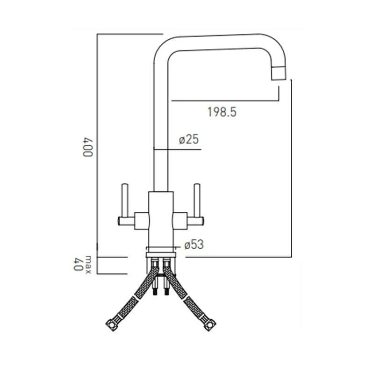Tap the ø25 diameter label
click(x=189, y=139)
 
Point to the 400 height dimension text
click(x=86, y=147)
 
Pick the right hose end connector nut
click(x=212, y=323)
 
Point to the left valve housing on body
click(x=141, y=219)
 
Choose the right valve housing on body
click(x=180, y=219)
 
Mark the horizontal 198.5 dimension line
click(x=224, y=100)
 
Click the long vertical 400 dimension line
click(x=97, y=140)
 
